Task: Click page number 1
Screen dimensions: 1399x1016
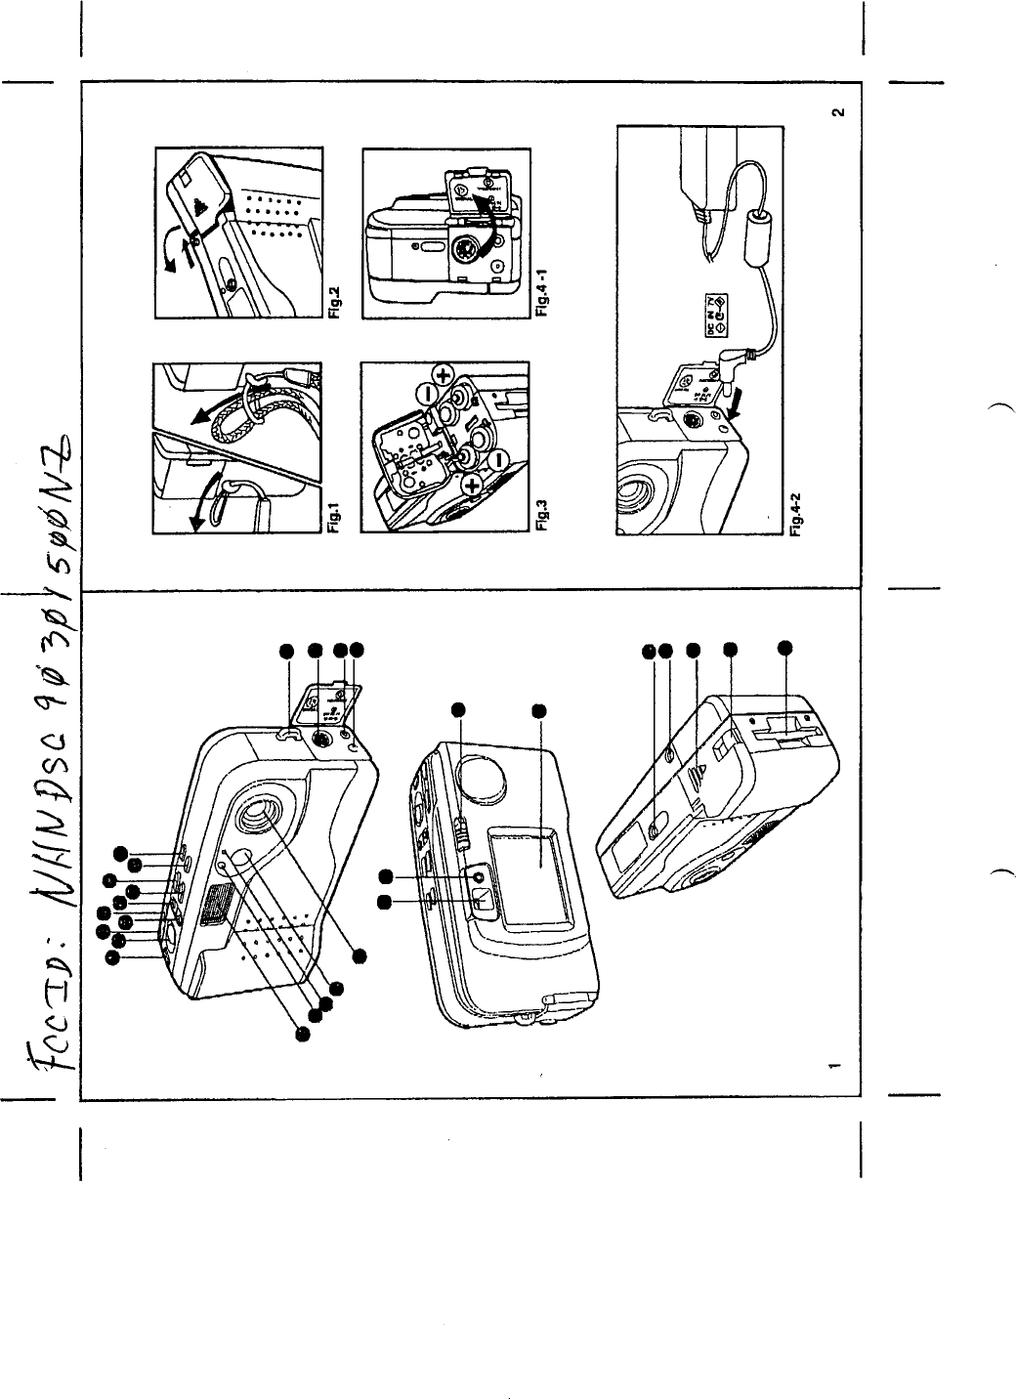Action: (x=831, y=1063)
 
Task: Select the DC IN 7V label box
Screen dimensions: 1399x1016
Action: (x=714, y=310)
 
